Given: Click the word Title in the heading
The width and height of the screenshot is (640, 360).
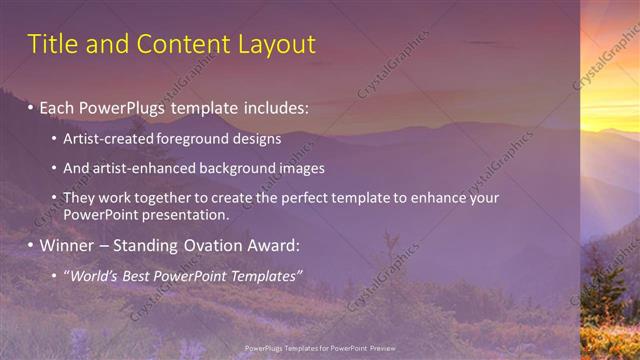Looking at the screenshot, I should [50, 44].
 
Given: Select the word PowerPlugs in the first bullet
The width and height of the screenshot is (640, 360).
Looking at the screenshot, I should [120, 105].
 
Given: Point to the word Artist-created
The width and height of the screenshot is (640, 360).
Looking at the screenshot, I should [107, 138].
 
